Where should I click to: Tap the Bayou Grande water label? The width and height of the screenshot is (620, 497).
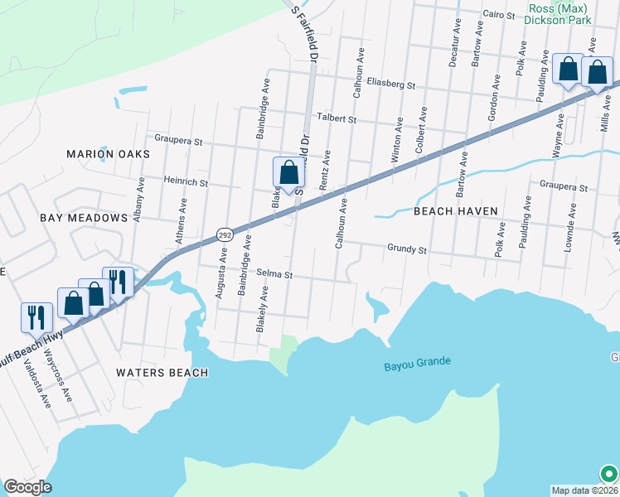(x=417, y=362)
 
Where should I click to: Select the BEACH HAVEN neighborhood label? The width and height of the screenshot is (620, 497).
(x=456, y=211)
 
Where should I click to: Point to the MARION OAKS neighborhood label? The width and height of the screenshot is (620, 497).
(x=109, y=154)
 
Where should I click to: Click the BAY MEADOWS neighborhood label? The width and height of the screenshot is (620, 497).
(x=84, y=217)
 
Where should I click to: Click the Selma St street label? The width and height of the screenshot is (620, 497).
(x=275, y=273)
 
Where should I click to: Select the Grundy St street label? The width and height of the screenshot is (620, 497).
(x=406, y=248)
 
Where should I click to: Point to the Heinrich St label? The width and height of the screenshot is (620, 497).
(x=186, y=181)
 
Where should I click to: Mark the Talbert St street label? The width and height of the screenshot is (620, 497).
(x=339, y=119)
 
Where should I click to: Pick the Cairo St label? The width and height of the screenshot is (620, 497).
(x=499, y=14)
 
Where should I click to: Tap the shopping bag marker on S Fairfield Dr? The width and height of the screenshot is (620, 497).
(x=288, y=173)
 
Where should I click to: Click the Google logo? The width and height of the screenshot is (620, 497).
(x=27, y=487)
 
